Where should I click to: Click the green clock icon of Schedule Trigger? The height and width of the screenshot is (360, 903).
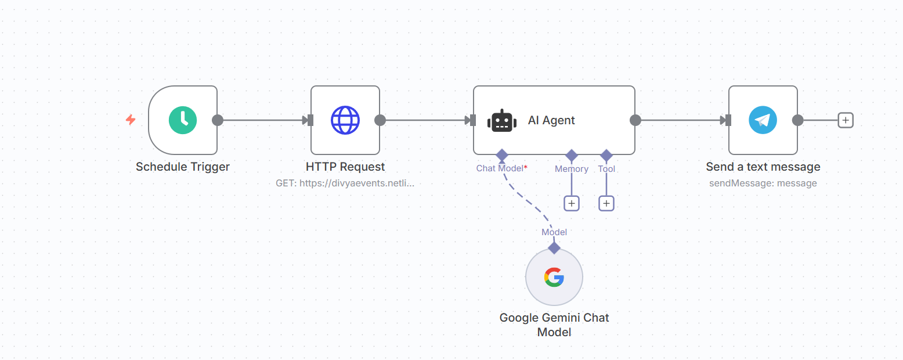(x=183, y=120)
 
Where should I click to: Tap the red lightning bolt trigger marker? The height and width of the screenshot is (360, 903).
(x=131, y=120)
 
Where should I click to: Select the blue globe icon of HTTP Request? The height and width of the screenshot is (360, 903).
(x=345, y=120)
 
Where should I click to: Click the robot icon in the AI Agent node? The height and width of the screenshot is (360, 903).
(x=502, y=121)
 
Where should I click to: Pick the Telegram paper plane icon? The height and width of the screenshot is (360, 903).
(x=763, y=120)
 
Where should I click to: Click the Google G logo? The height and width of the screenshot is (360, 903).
(x=554, y=278)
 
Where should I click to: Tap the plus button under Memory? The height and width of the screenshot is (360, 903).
(x=571, y=204)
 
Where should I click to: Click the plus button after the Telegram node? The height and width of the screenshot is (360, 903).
(x=846, y=120)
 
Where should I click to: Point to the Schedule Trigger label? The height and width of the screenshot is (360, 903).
(x=183, y=167)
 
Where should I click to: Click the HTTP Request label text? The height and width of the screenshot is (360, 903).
(x=345, y=167)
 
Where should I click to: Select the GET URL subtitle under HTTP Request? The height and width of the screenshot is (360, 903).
(x=345, y=183)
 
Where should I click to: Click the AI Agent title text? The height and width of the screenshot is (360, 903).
(x=551, y=120)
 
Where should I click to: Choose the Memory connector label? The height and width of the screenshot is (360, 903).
(x=571, y=169)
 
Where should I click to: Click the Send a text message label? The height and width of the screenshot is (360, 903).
(x=763, y=167)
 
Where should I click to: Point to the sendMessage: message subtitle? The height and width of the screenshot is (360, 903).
(x=763, y=183)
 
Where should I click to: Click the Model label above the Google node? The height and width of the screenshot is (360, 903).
(x=554, y=232)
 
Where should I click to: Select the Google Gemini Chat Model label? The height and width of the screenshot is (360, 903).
(x=554, y=325)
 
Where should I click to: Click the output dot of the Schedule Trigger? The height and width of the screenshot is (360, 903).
(x=218, y=120)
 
